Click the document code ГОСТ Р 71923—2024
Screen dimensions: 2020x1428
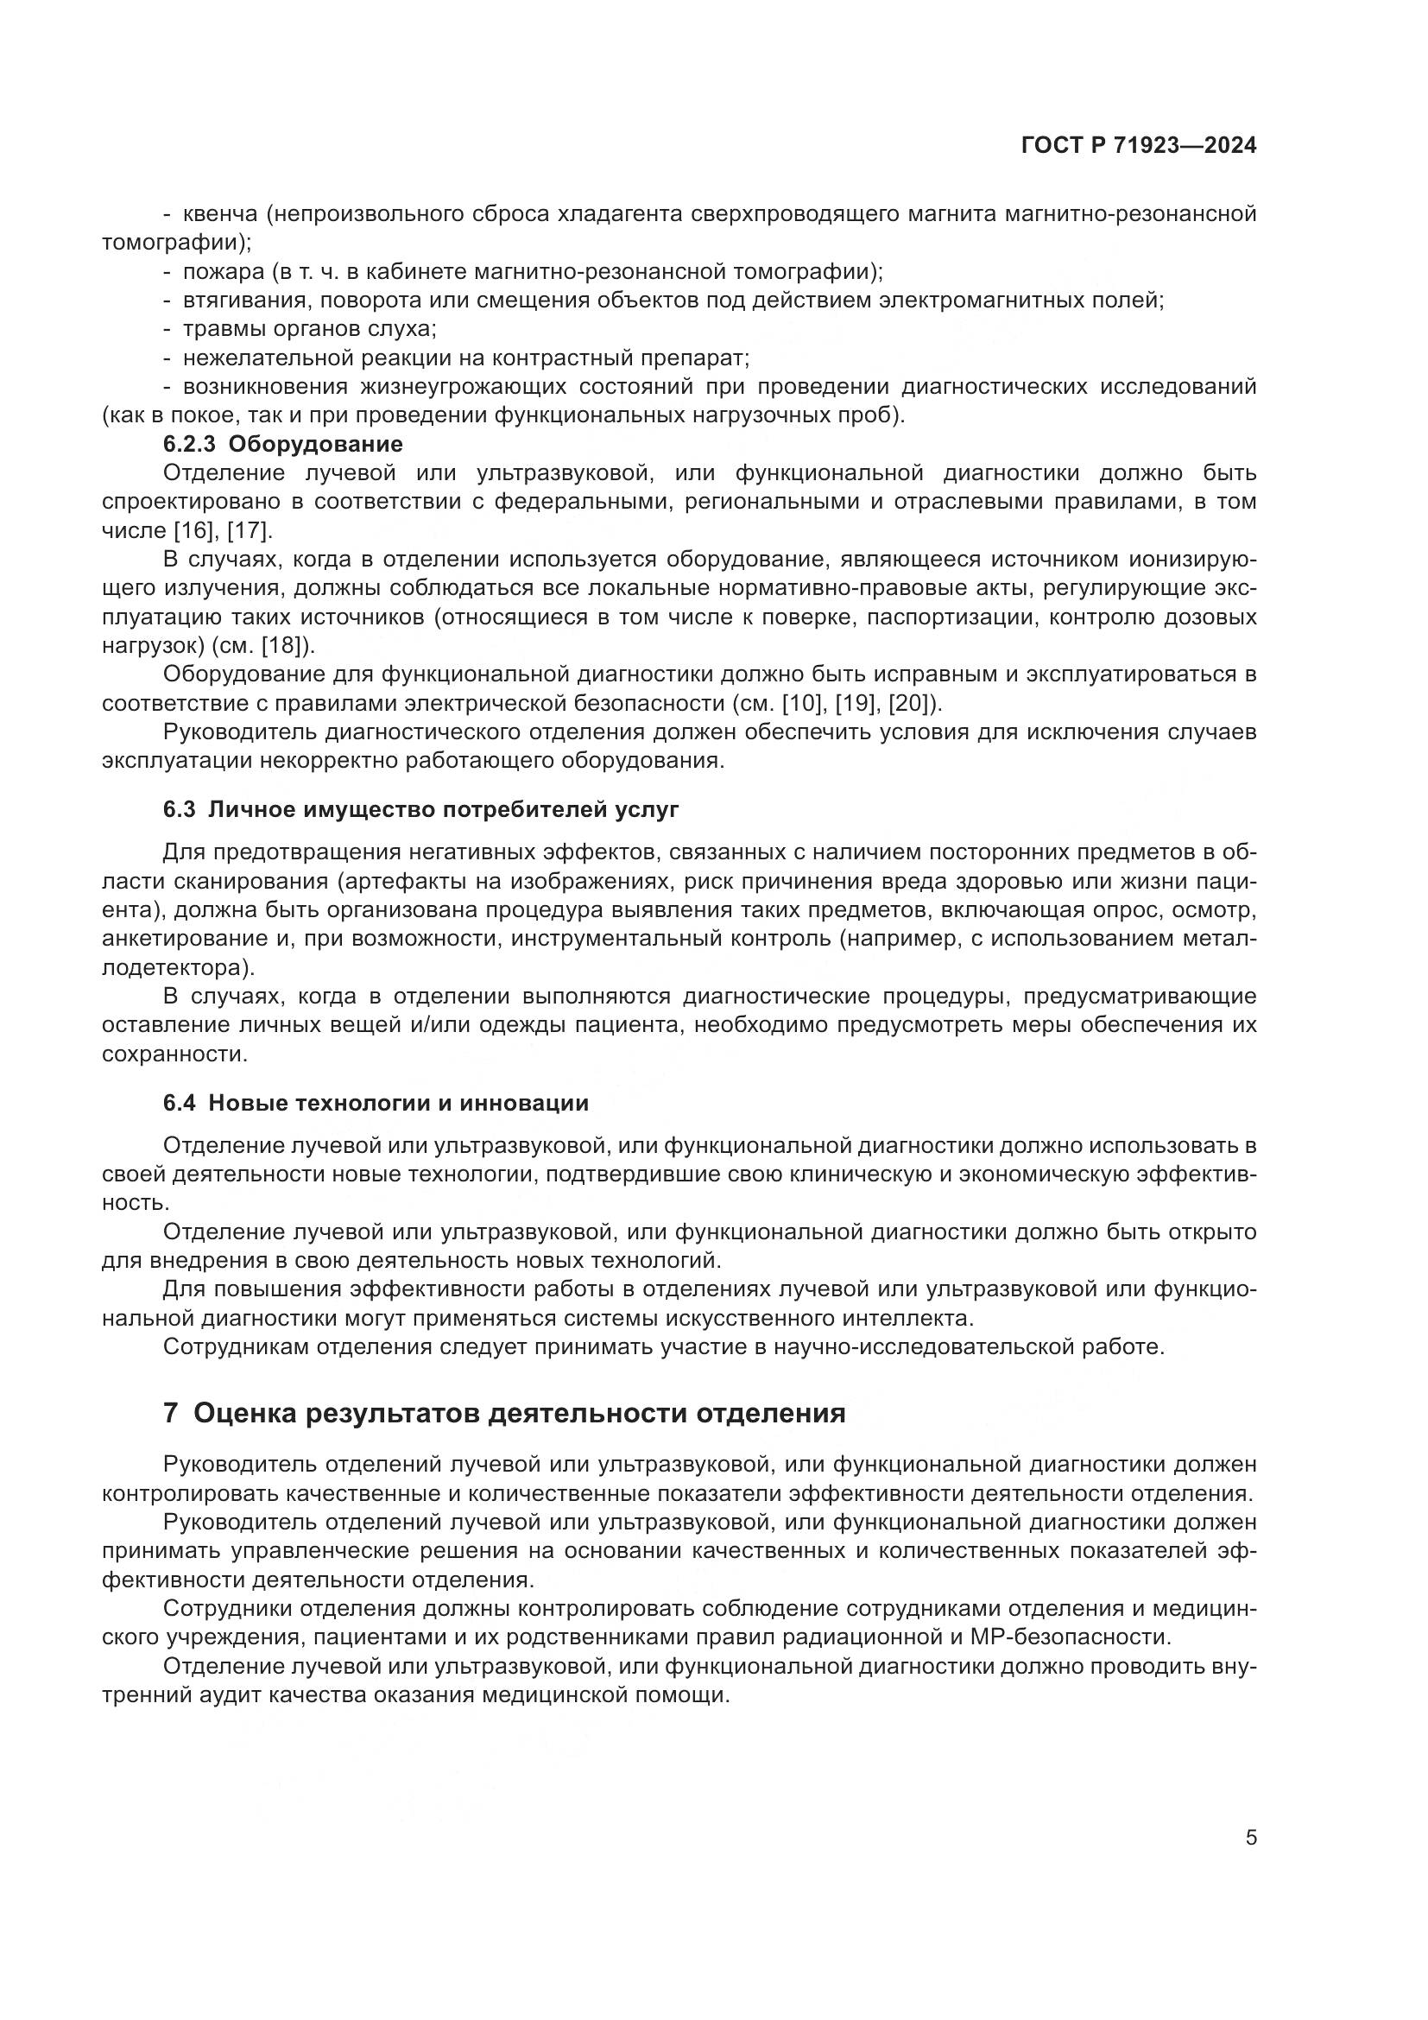point(1138,146)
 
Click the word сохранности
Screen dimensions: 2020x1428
point(174,1054)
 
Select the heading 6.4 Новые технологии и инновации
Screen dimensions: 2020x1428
point(376,1102)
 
